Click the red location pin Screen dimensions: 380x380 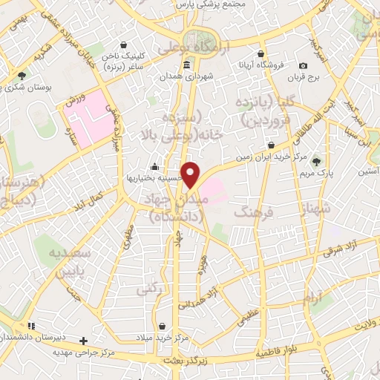click(x=191, y=174)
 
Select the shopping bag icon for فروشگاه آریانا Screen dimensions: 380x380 click(x=261, y=53)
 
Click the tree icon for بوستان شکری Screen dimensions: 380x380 click(x=22, y=76)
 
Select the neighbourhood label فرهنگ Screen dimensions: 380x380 click(x=248, y=213)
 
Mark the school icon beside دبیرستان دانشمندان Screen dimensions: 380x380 click(x=31, y=326)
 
